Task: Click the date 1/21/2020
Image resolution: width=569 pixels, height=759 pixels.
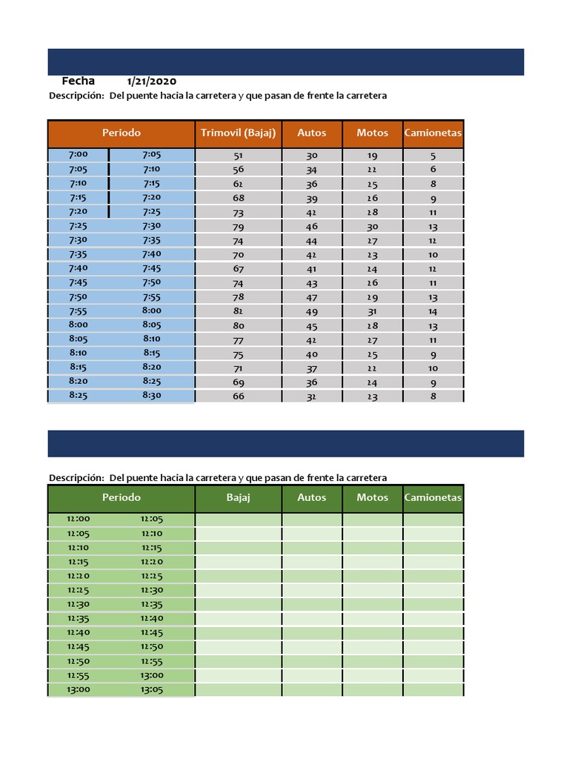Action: point(152,82)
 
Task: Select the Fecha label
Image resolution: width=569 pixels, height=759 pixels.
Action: point(78,81)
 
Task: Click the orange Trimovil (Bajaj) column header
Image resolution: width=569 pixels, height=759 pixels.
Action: point(238,133)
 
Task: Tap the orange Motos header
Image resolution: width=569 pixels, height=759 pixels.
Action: point(372,133)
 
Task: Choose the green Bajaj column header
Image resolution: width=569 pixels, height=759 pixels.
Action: point(238,497)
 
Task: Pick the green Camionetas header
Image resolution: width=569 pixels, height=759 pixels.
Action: point(433,497)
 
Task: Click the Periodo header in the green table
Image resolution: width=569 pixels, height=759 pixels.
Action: point(122,497)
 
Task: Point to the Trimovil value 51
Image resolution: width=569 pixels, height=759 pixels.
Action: point(238,156)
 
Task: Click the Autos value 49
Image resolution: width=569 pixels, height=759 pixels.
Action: point(312,312)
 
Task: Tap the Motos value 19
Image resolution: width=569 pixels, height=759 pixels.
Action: point(372,156)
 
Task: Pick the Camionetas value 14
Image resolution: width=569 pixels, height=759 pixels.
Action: point(433,312)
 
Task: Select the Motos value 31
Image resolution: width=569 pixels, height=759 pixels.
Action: point(372,312)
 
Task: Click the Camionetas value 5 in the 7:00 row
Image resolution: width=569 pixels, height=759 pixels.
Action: point(433,156)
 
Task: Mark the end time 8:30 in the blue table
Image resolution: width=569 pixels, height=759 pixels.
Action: point(152,396)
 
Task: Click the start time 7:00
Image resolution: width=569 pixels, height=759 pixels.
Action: point(78,155)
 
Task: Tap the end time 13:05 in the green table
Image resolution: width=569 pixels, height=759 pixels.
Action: point(152,689)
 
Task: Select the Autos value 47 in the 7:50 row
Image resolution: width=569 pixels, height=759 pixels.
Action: point(312,297)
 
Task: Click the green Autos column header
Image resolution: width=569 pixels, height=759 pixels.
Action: point(312,497)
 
